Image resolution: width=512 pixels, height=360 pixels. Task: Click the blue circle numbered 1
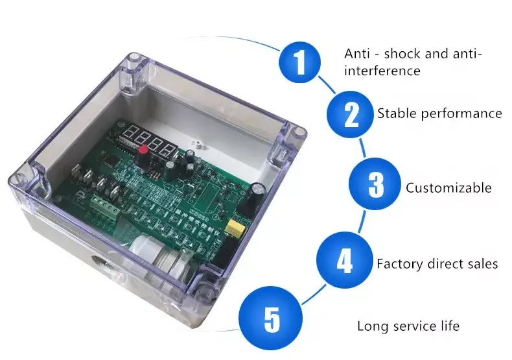(299, 62)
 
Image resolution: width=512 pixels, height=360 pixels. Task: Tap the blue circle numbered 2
(350, 114)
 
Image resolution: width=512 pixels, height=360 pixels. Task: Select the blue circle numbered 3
(375, 185)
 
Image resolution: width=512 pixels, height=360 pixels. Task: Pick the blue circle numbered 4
(343, 261)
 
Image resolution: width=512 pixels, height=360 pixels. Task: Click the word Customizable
(448, 188)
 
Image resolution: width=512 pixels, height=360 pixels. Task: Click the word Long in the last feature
(371, 326)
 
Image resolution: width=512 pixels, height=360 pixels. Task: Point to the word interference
(382, 70)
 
